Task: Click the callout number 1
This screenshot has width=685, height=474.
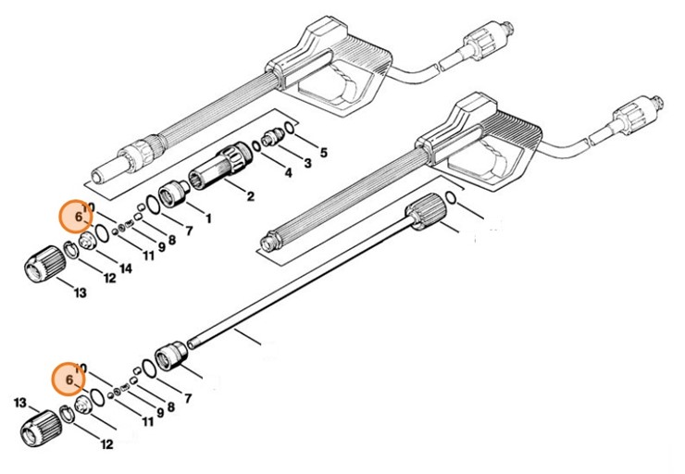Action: coord(207,219)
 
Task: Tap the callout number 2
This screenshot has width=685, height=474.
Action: coord(249,196)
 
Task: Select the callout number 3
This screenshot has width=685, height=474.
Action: coord(306,163)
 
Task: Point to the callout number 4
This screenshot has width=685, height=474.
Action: coord(288,173)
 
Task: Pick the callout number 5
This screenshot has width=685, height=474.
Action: coord(323,151)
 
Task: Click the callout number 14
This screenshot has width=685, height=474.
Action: coord(126,268)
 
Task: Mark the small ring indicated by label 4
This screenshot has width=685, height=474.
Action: coord(256,146)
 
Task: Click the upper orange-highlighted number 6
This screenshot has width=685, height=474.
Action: coord(74,217)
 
